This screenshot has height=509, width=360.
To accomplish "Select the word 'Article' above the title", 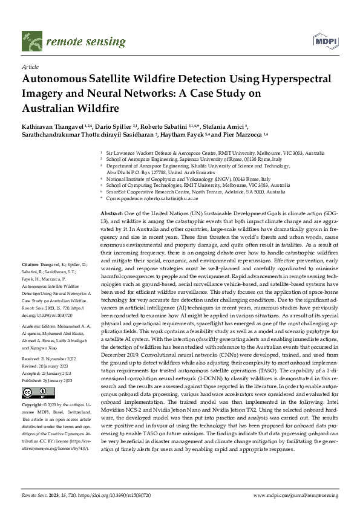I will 30,67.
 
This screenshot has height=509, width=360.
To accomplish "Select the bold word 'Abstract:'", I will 111,214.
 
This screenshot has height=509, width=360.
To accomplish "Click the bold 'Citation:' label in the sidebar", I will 31,282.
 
